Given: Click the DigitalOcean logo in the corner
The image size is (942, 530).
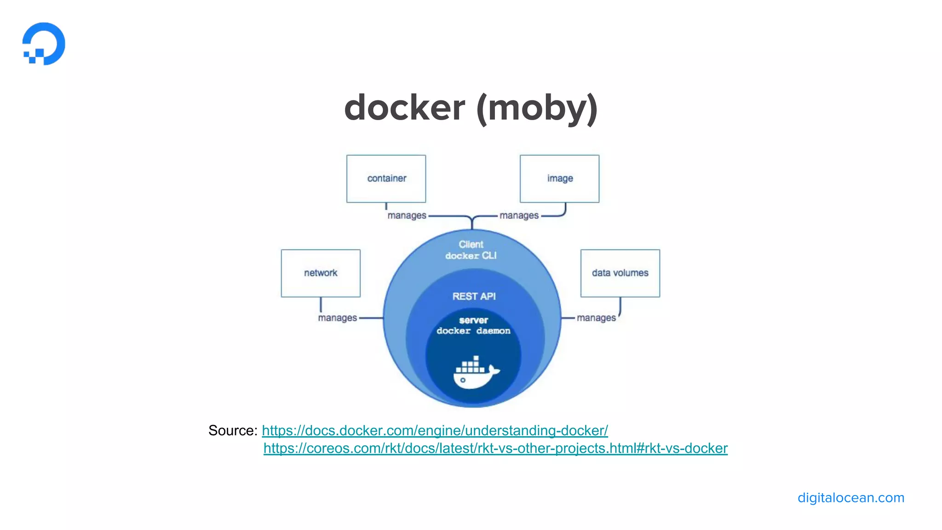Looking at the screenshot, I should tap(44, 44).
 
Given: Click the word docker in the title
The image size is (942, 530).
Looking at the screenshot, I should tap(404, 108).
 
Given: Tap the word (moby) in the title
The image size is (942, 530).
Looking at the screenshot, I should tap(537, 108).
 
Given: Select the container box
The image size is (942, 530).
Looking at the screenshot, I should tap(386, 179).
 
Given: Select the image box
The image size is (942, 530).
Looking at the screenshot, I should tap(559, 179).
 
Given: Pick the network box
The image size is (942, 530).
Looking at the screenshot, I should tap(321, 273).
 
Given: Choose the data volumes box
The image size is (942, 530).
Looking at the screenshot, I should tap(620, 273).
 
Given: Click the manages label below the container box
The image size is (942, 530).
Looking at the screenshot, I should tap(407, 215).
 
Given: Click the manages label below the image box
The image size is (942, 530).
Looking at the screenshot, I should tap(519, 215).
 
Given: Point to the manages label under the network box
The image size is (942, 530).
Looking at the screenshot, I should tap(337, 318).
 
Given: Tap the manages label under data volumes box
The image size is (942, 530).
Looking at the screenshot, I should tap(596, 318).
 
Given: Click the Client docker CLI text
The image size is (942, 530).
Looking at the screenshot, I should tap(471, 250).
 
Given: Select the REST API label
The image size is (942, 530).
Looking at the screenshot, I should tap(474, 296).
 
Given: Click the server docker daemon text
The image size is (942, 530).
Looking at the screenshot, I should tap(473, 326).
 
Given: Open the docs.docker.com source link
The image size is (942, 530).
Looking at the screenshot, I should tap(435, 431).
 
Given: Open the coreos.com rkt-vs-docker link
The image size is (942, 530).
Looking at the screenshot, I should tap(495, 449).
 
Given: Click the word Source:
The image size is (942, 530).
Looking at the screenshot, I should tap(233, 431).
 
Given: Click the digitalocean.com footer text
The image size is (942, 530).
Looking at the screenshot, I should tap(850, 498).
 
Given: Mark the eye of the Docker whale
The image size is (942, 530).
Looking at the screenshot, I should tap(463, 380).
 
